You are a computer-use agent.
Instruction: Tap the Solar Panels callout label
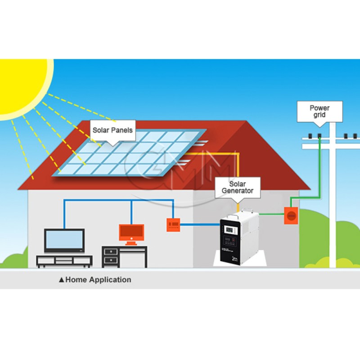point(112,130)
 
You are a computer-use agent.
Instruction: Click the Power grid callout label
point(319,111)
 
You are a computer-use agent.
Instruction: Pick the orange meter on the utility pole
point(290,216)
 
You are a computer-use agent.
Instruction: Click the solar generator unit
point(238,238)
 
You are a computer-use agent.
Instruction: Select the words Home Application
point(98,279)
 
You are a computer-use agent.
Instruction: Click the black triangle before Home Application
point(62,280)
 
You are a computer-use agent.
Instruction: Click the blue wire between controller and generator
point(200,224)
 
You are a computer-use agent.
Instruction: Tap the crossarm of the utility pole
point(331,145)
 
